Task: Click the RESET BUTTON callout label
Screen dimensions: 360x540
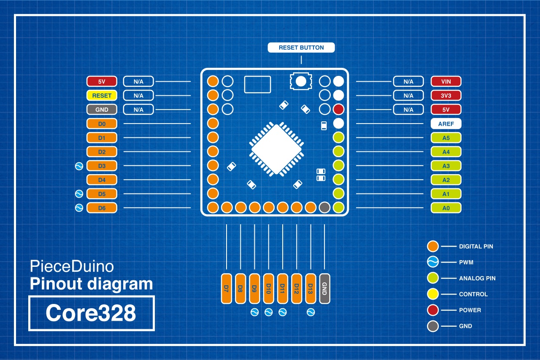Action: [x=301, y=48]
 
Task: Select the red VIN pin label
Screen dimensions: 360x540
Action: [x=446, y=81]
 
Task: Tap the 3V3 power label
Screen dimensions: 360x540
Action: [x=446, y=96]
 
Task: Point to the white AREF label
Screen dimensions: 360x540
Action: [x=446, y=124]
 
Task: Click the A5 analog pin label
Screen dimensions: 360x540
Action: [x=446, y=138]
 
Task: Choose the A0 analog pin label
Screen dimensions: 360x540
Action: [x=446, y=208]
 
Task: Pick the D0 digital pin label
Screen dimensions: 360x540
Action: [x=102, y=124]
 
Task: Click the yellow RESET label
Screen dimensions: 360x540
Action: [x=102, y=96]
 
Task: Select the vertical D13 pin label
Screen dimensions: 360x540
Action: [x=311, y=288]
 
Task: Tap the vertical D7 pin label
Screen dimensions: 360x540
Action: [x=227, y=288]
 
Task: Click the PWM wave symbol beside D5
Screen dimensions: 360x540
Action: [x=78, y=194]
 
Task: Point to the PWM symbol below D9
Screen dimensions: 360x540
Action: [x=254, y=312]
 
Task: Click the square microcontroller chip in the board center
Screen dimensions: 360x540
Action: [x=277, y=149]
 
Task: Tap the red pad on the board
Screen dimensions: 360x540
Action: [x=338, y=110]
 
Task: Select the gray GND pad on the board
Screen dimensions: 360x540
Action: [x=324, y=207]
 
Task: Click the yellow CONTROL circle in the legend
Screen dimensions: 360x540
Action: [x=433, y=294]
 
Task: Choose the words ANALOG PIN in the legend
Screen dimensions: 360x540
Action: [x=477, y=278]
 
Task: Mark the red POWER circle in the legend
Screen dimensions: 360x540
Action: [x=433, y=310]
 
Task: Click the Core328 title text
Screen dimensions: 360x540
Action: [x=91, y=313]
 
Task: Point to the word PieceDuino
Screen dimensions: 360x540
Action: [x=72, y=266]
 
